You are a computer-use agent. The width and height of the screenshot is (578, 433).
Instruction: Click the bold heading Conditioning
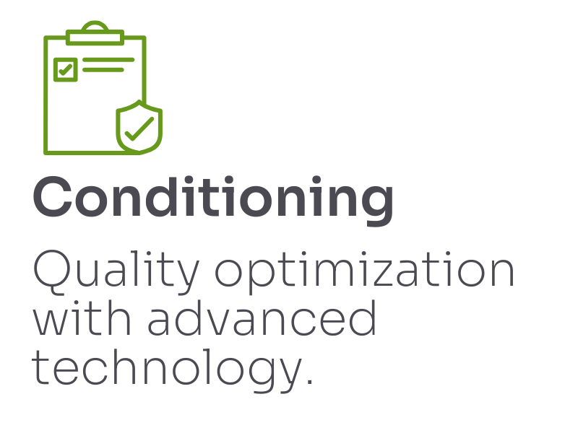pyautogui.click(x=213, y=200)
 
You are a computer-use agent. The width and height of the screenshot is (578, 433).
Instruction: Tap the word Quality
pyautogui.click(x=116, y=272)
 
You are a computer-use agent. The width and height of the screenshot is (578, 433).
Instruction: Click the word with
pyautogui.click(x=82, y=318)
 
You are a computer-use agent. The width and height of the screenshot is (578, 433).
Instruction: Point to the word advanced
pyautogui.click(x=262, y=318)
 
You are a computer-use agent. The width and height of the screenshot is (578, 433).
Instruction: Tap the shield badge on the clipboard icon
pyautogui.click(x=139, y=127)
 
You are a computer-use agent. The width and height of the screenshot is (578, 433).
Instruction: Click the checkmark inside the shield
pyautogui.click(x=139, y=129)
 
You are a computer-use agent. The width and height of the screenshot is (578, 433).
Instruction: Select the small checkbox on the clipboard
pyautogui.click(x=66, y=69)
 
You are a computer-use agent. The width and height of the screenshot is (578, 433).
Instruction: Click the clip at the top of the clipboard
pyautogui.click(x=95, y=34)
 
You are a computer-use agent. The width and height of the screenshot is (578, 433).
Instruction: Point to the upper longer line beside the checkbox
pyautogui.click(x=108, y=60)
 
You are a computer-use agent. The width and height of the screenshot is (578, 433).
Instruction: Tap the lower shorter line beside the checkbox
pyautogui.click(x=103, y=69)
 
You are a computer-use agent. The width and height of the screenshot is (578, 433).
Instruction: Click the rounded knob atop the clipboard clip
pyautogui.click(x=95, y=26)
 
